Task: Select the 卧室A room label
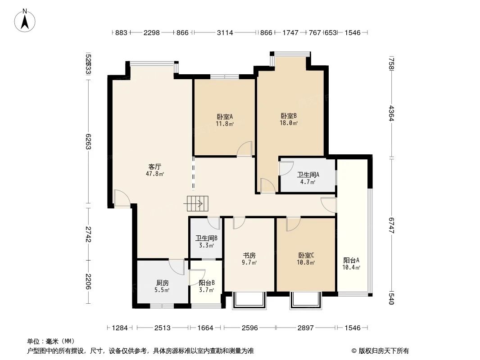(x=224, y=117)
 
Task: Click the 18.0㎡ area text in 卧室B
(x=289, y=122)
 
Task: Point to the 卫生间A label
(x=308, y=175)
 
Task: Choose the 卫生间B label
(x=206, y=239)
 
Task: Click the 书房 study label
(x=249, y=255)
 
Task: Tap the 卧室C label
(x=306, y=255)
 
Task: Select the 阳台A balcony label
(x=351, y=260)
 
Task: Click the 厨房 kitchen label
(x=162, y=283)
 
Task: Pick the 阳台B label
(x=206, y=283)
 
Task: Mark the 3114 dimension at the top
(x=225, y=33)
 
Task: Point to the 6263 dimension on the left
(x=89, y=141)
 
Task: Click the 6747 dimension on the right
(x=391, y=225)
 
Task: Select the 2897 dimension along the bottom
(x=305, y=328)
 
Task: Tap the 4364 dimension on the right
(x=391, y=113)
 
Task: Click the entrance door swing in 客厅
(x=122, y=198)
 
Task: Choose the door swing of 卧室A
(x=245, y=148)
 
